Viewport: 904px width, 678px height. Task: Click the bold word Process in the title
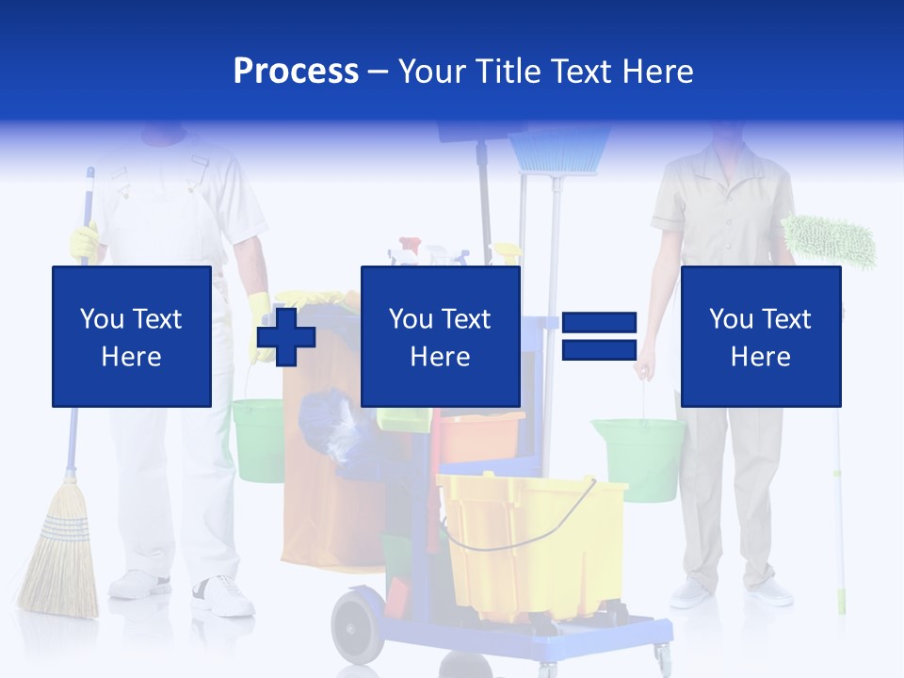point(296,71)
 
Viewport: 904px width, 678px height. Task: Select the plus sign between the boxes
point(286,336)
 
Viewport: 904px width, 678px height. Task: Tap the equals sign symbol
point(599,336)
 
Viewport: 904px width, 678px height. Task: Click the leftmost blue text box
point(131,336)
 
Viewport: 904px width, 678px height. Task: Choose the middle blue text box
point(440,336)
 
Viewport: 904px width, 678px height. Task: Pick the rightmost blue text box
point(760,336)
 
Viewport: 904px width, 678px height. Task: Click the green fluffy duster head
point(828,241)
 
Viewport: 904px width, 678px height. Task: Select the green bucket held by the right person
point(638,457)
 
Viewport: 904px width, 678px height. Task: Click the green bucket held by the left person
point(257,438)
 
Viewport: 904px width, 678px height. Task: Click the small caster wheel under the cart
point(662,657)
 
